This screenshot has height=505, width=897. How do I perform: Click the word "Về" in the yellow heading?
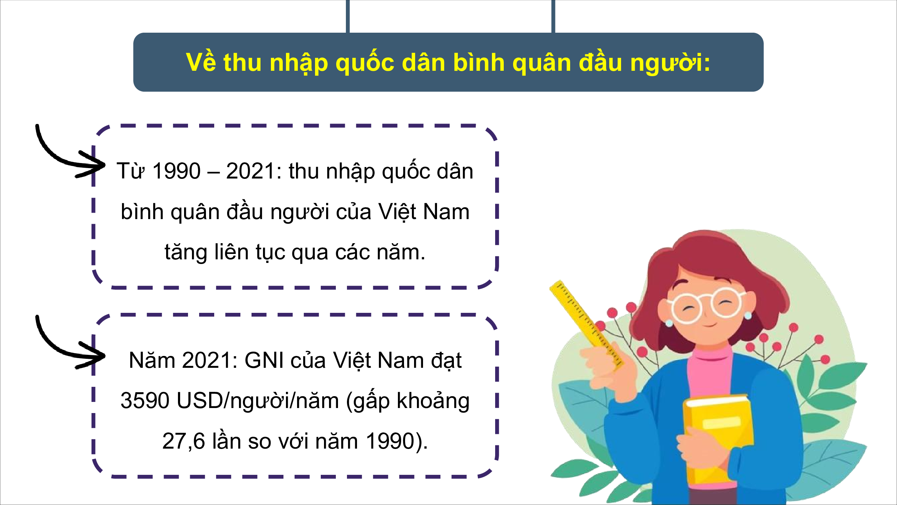coord(201,61)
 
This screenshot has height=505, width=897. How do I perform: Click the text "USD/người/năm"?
coord(258,402)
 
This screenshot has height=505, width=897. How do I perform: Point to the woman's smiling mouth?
coord(710,325)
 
